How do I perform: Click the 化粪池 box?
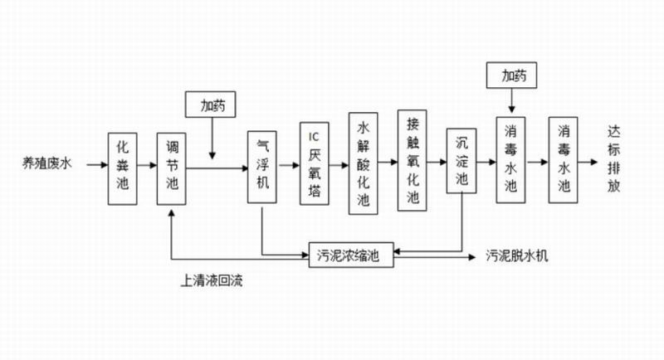click(123, 168)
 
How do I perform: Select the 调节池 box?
click(173, 168)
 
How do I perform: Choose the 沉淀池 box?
click(461, 162)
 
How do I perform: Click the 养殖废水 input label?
click(48, 167)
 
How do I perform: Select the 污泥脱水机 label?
click(516, 255)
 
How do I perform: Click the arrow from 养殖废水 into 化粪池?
click(94, 167)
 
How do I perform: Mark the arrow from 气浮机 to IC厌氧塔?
click(288, 166)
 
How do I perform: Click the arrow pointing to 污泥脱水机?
click(440, 255)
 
